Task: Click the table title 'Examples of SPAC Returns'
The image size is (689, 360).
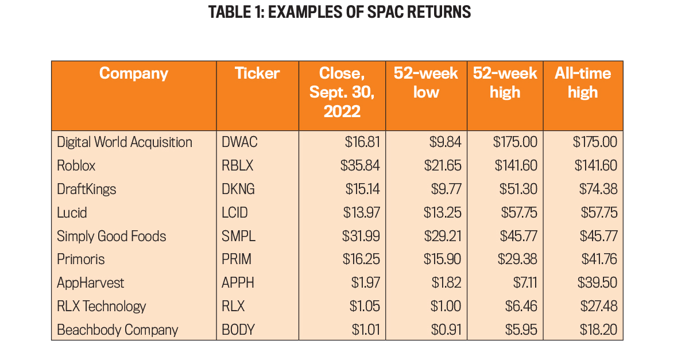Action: (340, 12)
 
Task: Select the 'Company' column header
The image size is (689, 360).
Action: (133, 73)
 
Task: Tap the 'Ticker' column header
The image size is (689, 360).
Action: (257, 73)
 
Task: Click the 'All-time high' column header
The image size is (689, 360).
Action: (583, 83)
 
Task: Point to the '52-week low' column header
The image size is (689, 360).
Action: (426, 83)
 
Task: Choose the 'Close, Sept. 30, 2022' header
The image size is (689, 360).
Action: (342, 92)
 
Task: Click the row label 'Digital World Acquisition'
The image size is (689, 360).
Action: (125, 142)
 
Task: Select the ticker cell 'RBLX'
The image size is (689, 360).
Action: (237, 165)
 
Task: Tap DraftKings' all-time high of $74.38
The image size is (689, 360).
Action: (595, 189)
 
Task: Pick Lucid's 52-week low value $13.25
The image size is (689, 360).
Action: (442, 212)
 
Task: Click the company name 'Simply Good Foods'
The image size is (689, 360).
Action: (111, 236)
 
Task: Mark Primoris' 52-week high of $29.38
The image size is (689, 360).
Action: (517, 260)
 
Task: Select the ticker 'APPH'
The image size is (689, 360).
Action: (238, 283)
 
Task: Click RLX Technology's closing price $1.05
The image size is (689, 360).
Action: (365, 307)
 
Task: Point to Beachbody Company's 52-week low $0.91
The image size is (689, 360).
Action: (446, 330)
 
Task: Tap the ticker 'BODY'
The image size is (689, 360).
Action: (238, 330)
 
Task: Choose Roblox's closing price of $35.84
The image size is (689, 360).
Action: (360, 165)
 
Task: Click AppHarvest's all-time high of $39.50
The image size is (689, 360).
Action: (595, 283)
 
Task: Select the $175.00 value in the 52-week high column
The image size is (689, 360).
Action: (515, 142)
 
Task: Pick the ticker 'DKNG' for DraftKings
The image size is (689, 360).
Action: (238, 189)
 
